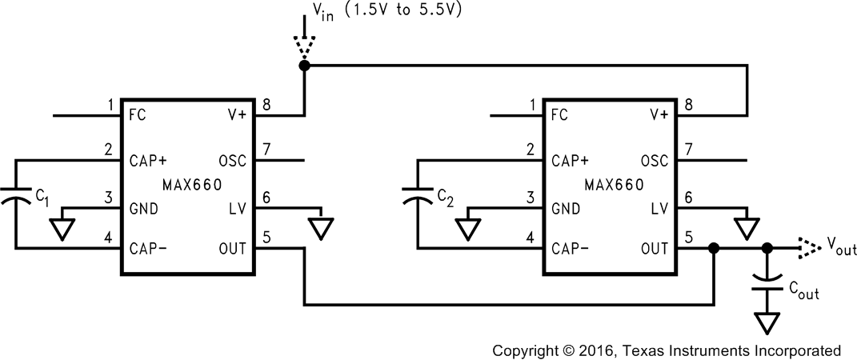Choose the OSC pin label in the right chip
(x=654, y=161)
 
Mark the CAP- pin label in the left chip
(x=148, y=249)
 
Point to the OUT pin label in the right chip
(x=655, y=249)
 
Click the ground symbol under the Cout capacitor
(x=768, y=322)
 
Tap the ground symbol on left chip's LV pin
(x=322, y=228)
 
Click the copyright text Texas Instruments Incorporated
(x=666, y=350)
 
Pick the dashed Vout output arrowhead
(x=808, y=249)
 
